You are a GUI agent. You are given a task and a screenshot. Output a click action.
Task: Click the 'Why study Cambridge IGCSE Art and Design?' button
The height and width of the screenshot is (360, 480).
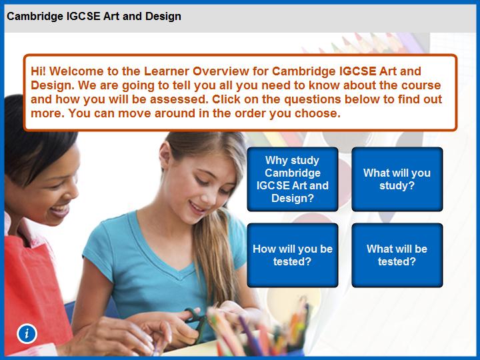[x=293, y=179]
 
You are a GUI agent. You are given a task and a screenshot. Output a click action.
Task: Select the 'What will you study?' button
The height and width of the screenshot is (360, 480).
[x=397, y=179]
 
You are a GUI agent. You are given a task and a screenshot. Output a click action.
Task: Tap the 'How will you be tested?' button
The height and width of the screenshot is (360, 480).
[x=293, y=255]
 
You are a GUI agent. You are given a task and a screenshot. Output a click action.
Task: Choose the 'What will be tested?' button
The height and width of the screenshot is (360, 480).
[x=397, y=255]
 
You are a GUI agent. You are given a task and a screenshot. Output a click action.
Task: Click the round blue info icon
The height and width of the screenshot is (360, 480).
[x=27, y=333]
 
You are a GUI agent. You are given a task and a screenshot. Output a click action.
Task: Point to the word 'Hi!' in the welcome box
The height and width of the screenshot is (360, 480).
[x=38, y=71]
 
